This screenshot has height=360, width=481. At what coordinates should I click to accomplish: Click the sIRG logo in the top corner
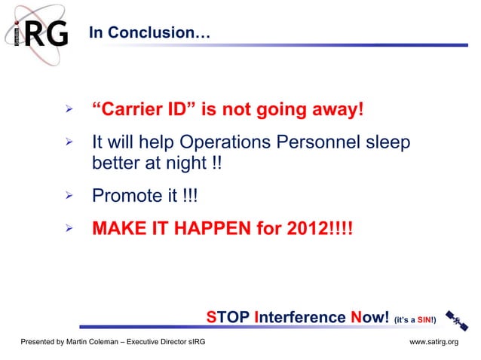pyautogui.click(x=41, y=33)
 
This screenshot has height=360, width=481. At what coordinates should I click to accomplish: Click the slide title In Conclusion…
pyautogui.click(x=149, y=33)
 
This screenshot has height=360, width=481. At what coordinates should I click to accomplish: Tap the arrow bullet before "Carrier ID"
pyautogui.click(x=68, y=110)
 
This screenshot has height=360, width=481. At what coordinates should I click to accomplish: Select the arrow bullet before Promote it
pyautogui.click(x=68, y=196)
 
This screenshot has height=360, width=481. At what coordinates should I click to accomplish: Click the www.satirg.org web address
pyautogui.click(x=434, y=342)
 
